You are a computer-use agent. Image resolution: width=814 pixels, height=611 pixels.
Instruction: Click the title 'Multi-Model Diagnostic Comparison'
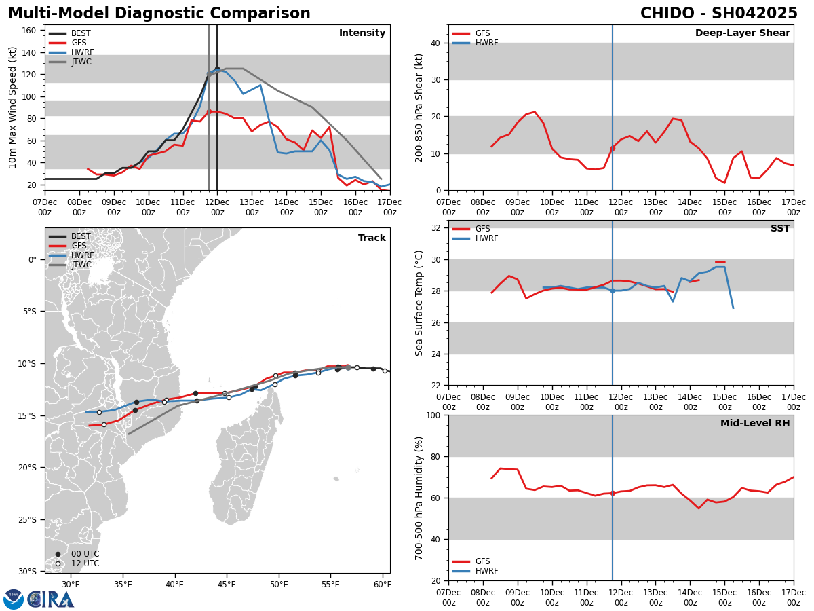pyautogui.click(x=159, y=14)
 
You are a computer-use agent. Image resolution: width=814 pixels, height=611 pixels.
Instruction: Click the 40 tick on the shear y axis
pyautogui.click(x=438, y=43)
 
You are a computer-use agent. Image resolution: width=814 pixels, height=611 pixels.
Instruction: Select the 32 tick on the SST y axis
pyautogui.click(x=438, y=228)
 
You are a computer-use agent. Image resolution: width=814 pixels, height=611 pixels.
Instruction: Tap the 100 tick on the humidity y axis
pyautogui.click(x=434, y=415)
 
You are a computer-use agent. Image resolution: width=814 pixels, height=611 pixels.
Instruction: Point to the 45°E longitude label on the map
pyautogui.click(x=227, y=584)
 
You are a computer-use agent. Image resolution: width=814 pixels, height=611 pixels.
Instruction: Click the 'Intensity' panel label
pyautogui.click(x=362, y=33)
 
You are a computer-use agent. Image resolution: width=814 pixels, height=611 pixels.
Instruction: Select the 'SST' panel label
pyautogui.click(x=780, y=229)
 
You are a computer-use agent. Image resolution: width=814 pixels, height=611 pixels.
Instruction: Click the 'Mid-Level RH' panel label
pyautogui.click(x=755, y=424)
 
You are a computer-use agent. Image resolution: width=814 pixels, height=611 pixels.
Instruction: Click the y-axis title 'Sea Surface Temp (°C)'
pyautogui.click(x=419, y=303)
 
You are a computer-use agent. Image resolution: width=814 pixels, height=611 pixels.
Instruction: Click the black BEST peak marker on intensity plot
pyautogui.click(x=217, y=69)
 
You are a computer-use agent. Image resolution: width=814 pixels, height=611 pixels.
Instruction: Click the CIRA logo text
pyautogui.click(x=52, y=599)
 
